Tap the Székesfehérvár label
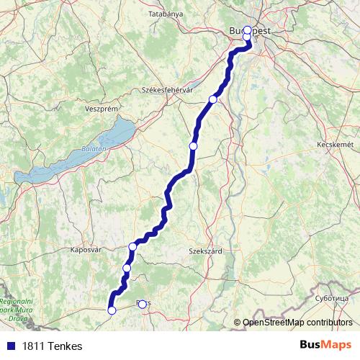(168, 90)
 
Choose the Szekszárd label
(204, 251)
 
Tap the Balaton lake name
(96, 148)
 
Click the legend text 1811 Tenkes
(52, 346)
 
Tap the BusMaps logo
(326, 345)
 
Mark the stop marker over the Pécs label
(142, 304)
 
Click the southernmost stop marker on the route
(112, 310)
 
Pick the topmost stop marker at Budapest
(248, 30)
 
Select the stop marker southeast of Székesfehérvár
(212, 99)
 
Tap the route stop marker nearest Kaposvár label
(132, 247)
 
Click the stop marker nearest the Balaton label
(193, 146)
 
